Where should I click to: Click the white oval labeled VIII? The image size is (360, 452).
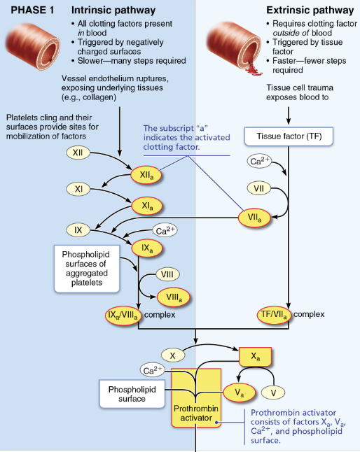pos(167,274)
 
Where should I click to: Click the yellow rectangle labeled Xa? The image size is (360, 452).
pos(257,357)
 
